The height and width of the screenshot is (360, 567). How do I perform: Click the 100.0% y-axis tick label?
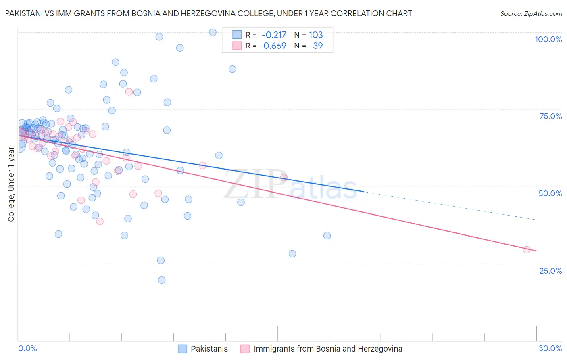548,39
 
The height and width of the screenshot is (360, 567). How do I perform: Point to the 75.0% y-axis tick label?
550,116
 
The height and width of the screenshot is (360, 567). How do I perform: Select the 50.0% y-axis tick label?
550,193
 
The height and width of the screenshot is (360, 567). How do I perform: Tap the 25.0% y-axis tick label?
550,270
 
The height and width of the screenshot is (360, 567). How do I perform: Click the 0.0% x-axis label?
27,348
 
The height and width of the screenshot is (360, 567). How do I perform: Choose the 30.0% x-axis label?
550,348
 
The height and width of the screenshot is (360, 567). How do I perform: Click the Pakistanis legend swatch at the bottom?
182,349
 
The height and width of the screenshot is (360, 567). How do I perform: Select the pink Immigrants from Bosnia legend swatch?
245,349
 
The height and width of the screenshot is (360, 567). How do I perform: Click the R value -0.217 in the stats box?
274,35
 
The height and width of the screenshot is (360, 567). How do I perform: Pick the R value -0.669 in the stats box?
273,46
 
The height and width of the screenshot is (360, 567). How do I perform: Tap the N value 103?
316,35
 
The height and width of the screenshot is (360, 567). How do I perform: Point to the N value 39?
318,46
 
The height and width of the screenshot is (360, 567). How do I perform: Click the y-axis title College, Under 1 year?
11,184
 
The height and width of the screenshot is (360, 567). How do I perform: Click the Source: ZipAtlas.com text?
531,13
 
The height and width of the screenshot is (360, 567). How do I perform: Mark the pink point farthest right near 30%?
526,249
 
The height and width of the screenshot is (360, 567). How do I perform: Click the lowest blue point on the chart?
162,280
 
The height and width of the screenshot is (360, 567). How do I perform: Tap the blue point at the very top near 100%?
213,32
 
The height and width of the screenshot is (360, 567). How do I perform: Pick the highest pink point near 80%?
129,92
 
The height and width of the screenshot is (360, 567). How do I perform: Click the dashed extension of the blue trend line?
452,206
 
